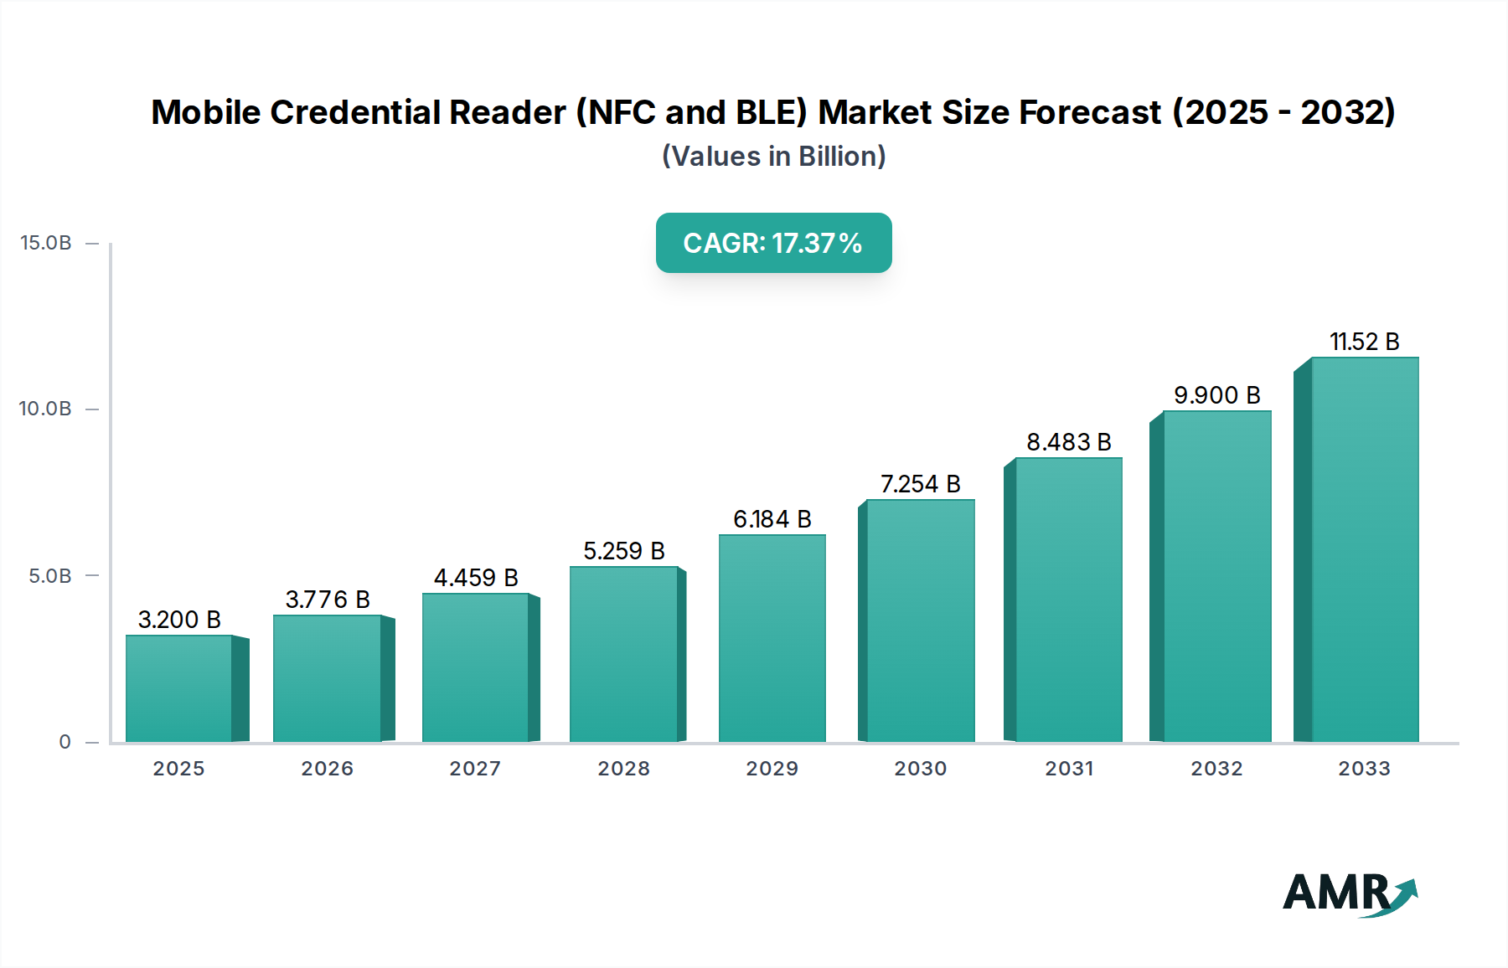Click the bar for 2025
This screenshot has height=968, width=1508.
pos(179,688)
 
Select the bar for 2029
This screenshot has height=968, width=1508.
pos(772,638)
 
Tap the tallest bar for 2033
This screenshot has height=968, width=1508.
pos(1364,549)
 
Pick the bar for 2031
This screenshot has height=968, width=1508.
pos(1068,600)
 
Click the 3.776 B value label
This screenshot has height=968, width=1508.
pos(328,600)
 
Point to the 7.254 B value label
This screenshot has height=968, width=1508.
pos(920,484)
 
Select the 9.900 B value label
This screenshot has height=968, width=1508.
pos(1216,395)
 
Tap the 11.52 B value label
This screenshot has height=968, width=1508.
pos(1364,342)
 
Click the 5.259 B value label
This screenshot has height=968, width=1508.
pos(624,551)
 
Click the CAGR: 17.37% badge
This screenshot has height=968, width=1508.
pos(773,243)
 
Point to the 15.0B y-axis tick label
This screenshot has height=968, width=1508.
pos(46,243)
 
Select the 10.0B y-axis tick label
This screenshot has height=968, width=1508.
pos(46,409)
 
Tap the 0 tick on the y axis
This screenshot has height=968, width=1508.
pos(65,742)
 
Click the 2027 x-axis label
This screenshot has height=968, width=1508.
pos(475,769)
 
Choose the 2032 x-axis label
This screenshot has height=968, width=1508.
pos(1216,769)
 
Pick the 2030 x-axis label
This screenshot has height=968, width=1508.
pos(920,769)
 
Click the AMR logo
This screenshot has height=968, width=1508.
pos(1349,893)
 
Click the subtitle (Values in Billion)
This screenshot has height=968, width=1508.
pos(773,157)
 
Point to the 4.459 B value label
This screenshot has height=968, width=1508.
pos(476,578)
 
